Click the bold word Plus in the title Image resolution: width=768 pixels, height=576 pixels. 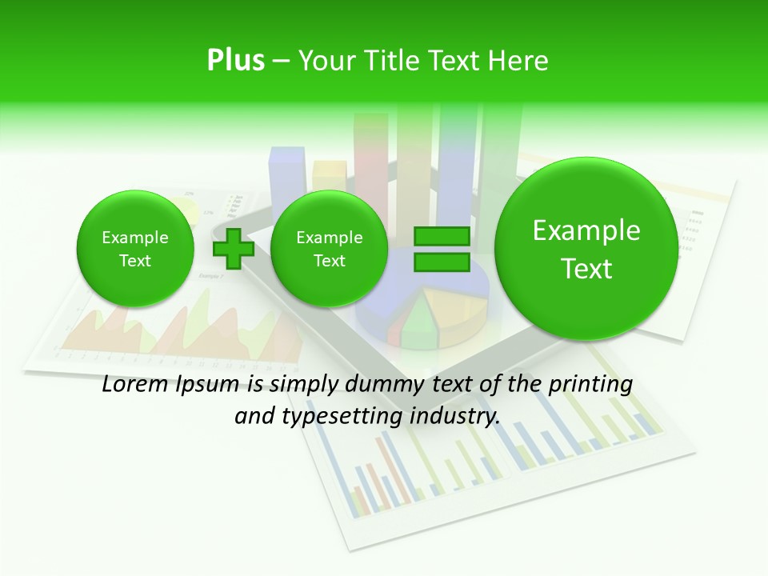pos(235,61)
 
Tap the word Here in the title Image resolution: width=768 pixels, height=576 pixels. pos(517,61)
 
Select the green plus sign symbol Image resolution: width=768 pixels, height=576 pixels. pos(234,249)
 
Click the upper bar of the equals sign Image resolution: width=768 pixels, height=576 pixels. pos(441,236)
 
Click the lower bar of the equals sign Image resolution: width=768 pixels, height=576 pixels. pos(441,262)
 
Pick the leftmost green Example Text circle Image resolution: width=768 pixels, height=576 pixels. pos(135,249)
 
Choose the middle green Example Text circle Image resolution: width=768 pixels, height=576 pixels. pos(329,249)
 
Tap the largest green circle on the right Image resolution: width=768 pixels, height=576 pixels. pos(586,249)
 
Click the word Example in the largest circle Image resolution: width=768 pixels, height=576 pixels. pos(586,230)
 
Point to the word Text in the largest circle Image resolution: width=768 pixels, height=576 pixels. pos(586,269)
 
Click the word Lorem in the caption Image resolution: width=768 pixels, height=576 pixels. pos(134,385)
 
